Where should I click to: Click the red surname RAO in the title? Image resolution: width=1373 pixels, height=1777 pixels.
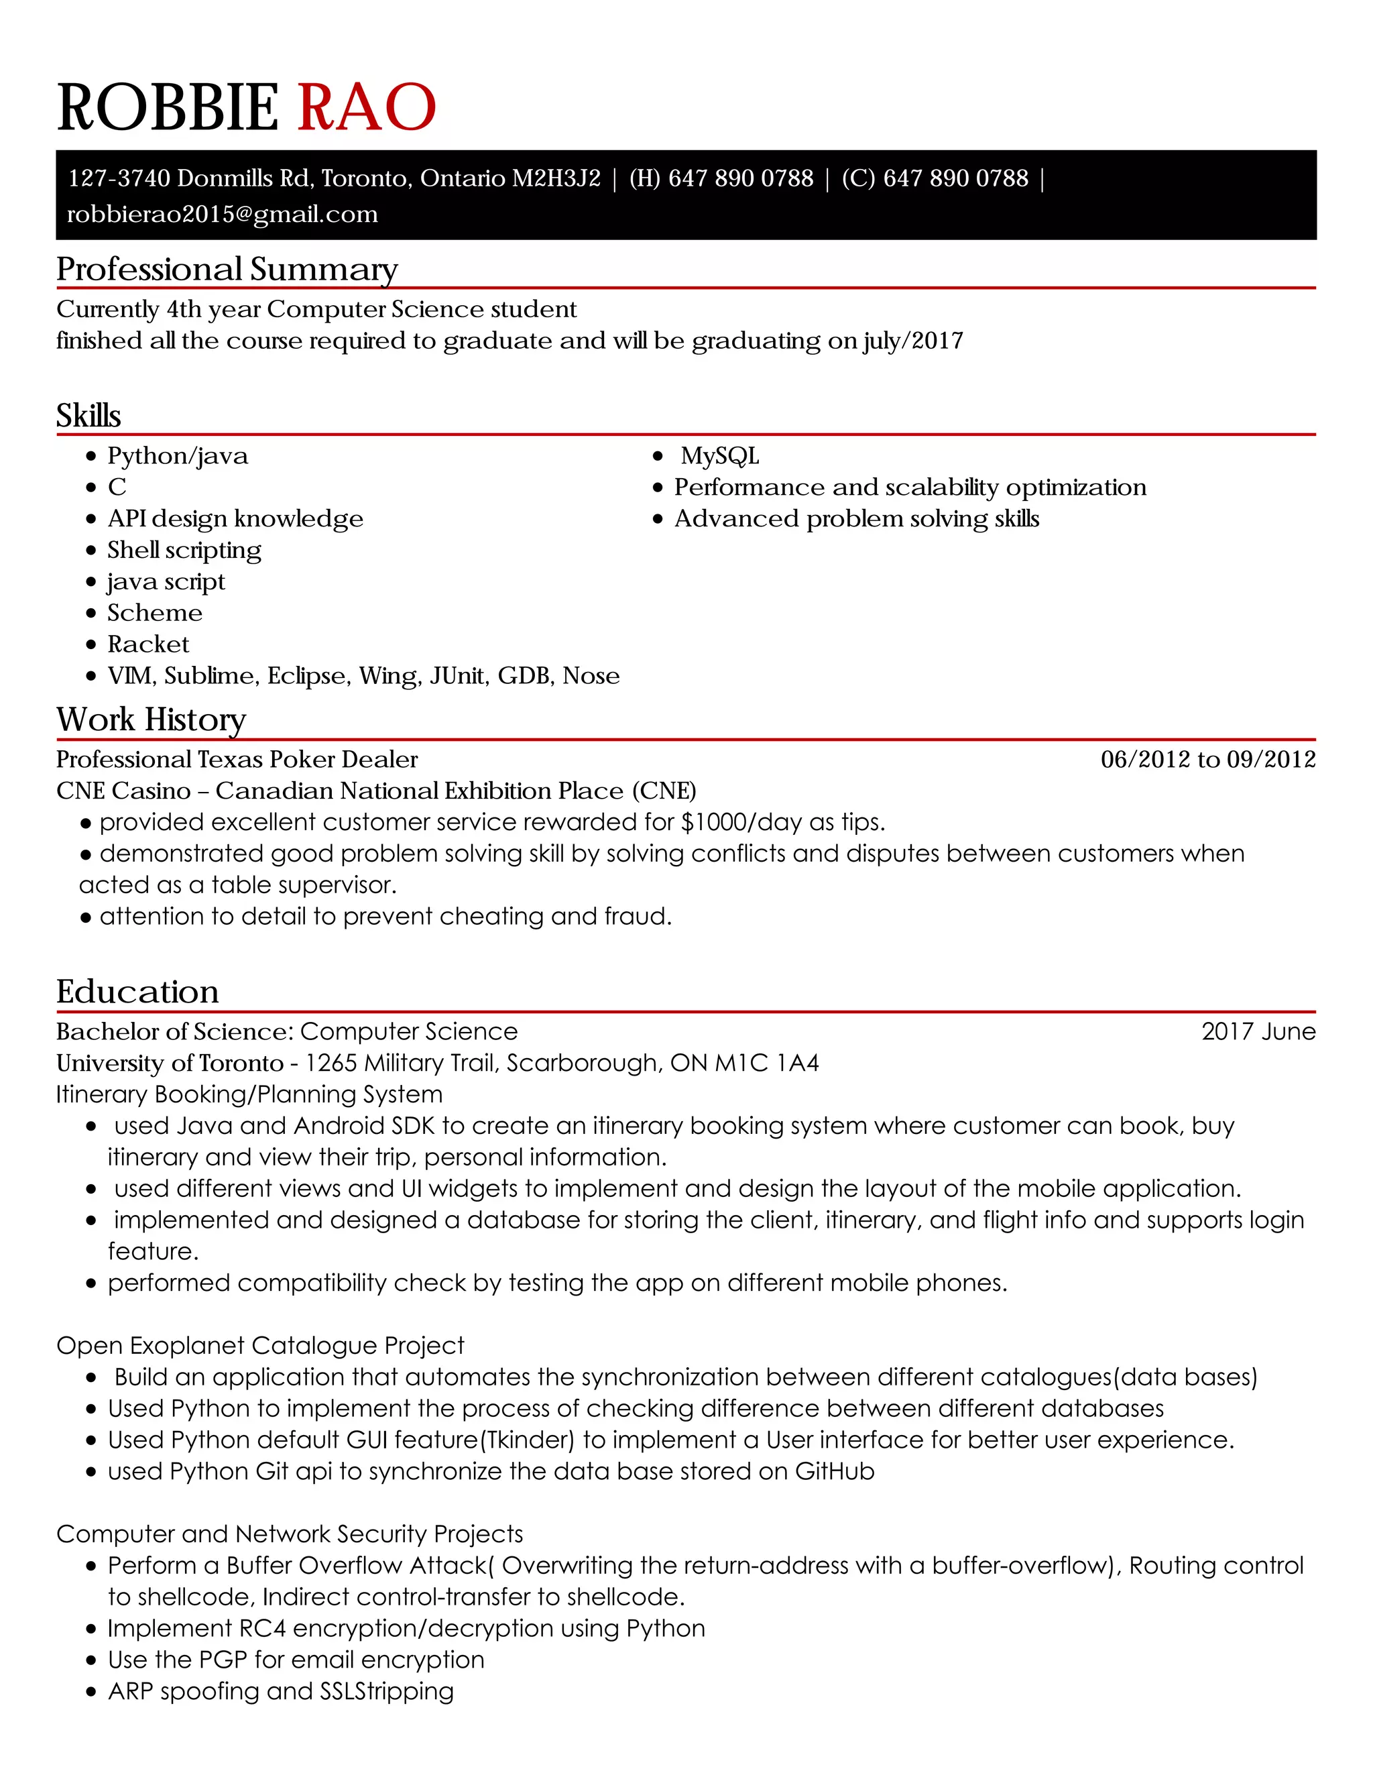pos(367,107)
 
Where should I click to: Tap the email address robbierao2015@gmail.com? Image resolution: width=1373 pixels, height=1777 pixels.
pos(222,215)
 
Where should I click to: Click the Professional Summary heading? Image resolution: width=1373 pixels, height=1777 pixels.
pos(227,270)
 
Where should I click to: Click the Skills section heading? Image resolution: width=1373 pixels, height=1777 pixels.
pos(88,416)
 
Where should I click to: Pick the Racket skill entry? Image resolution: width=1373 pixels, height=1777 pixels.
pos(148,644)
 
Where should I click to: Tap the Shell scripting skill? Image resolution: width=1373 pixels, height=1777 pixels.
pos(184,551)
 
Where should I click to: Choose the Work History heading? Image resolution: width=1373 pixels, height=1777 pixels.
pos(152,720)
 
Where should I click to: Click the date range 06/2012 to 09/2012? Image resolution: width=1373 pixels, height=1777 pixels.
pos(1208,760)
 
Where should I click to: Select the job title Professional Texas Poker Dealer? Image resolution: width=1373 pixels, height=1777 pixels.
pos(237,760)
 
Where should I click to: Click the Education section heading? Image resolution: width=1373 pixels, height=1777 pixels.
pos(137,992)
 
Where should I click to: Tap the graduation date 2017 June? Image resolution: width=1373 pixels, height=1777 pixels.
pos(1258,1032)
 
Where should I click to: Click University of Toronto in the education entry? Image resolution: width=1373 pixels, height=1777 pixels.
pos(169,1064)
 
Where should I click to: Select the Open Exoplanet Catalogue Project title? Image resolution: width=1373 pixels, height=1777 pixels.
pos(260,1346)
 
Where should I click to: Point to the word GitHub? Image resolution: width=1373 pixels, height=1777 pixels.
pos(834,1472)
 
